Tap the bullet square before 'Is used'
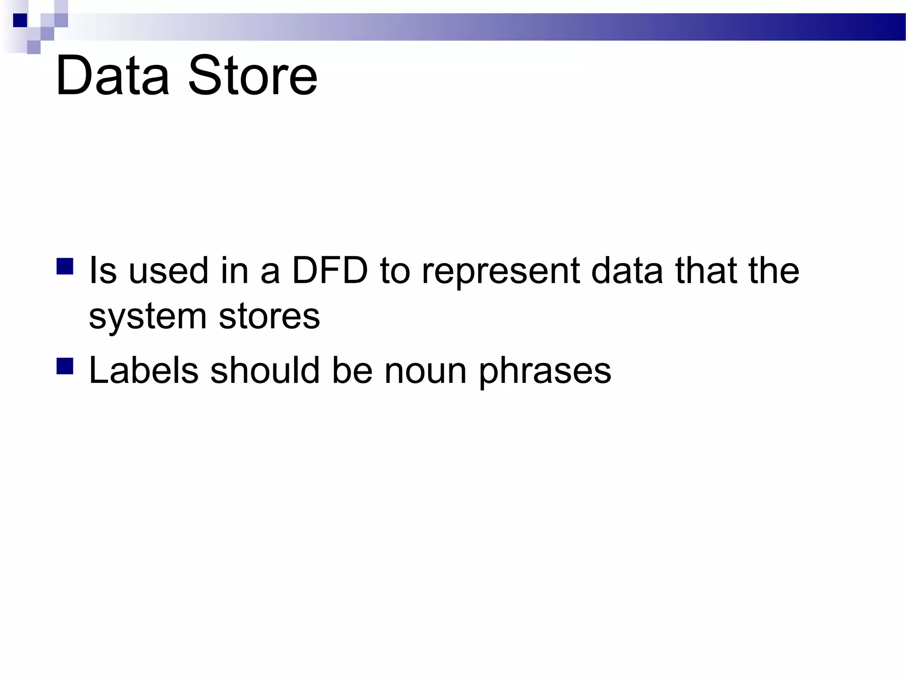[x=65, y=267]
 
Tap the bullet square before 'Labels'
[x=65, y=366]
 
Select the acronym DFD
[x=330, y=270]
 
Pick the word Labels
[x=144, y=370]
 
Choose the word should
[x=265, y=370]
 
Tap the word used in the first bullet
[x=168, y=270]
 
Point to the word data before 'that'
[x=627, y=270]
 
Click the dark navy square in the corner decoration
[x=20, y=20]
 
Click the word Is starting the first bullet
[x=103, y=270]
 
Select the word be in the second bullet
[x=352, y=370]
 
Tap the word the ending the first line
[x=774, y=270]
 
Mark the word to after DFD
[x=395, y=271]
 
